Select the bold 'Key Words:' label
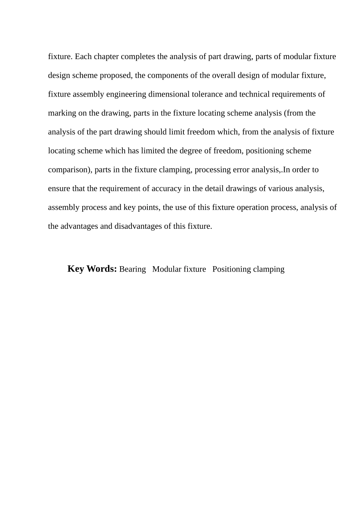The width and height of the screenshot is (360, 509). click(x=92, y=269)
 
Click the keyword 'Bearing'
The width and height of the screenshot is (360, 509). click(x=132, y=269)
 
